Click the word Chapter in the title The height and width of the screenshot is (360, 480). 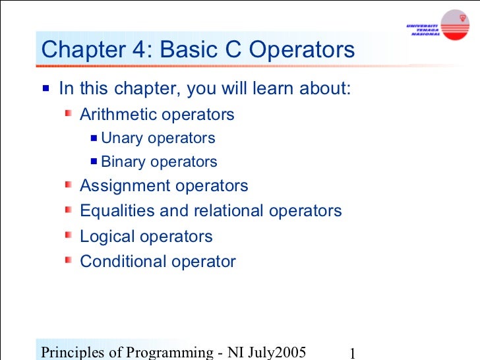click(80, 50)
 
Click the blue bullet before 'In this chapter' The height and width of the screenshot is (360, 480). click(45, 88)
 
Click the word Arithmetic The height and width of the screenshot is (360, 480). click(118, 115)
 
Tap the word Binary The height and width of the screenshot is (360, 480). click(123, 162)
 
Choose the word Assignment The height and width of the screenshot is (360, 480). click(125, 186)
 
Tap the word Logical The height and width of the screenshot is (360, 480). click(105, 237)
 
